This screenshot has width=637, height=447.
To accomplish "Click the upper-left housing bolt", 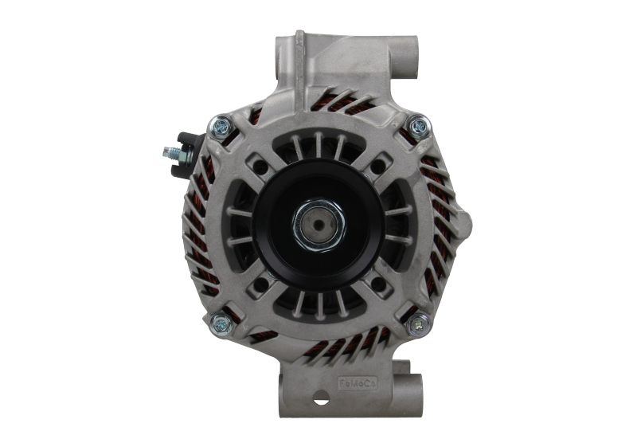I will point(219,125).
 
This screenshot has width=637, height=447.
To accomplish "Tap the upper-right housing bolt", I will point(417,125).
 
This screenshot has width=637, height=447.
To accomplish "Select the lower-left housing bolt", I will point(220,323).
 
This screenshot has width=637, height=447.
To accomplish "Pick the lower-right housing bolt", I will point(417,324).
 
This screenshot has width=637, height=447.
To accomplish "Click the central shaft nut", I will point(318,225).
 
